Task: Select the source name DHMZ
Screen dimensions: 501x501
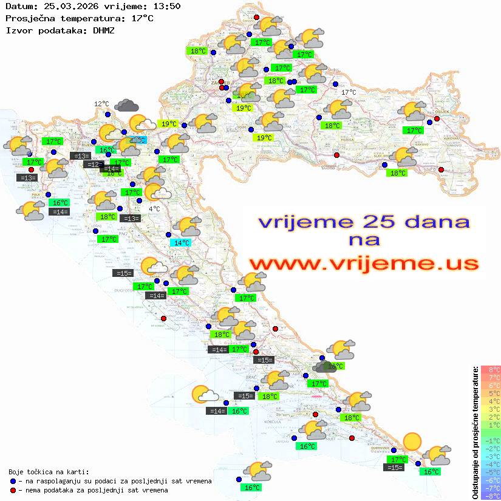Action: (103, 30)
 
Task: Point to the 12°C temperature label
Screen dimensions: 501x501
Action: (101, 104)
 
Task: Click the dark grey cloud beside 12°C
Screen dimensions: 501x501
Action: (126, 106)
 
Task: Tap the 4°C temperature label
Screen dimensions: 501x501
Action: (154, 208)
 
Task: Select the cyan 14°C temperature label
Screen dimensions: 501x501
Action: (182, 242)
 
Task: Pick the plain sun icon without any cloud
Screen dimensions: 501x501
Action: (412, 441)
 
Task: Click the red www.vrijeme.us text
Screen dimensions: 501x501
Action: (363, 263)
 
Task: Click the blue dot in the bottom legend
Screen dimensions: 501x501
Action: (13, 481)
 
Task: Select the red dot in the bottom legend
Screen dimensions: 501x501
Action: (13, 490)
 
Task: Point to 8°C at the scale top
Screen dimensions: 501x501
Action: (491, 370)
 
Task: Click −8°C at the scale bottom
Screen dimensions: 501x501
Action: (491, 496)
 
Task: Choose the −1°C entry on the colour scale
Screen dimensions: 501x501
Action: (491, 440)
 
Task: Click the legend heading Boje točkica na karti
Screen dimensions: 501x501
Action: (49, 471)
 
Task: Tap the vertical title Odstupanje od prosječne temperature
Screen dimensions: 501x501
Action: (475, 432)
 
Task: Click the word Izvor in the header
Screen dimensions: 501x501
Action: (17, 30)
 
